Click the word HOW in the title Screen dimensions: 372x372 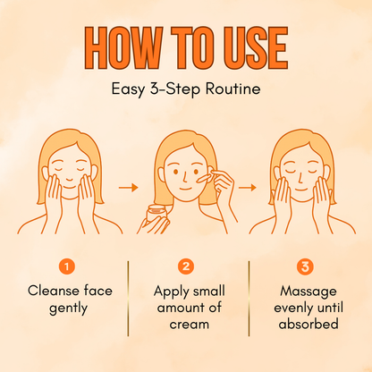[x=123, y=47]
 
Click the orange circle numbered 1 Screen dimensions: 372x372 [x=67, y=266]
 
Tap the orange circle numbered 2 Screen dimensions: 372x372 [x=186, y=266]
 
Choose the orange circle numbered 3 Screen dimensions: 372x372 [x=305, y=266]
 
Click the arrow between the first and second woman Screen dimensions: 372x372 [x=129, y=188]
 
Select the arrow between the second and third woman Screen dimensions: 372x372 [x=248, y=188]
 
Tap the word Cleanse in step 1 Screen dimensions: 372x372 [x=54, y=291]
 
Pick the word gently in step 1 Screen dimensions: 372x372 [x=68, y=309]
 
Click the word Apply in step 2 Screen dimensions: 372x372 [x=172, y=292]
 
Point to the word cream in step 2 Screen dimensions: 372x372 [x=190, y=325]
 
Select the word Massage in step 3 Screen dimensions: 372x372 [x=309, y=292]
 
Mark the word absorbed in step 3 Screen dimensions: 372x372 [x=309, y=324]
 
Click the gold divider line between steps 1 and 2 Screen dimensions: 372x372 [x=129, y=299]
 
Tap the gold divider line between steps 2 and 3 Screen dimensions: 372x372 [x=249, y=299]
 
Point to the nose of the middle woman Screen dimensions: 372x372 [x=185, y=176]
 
